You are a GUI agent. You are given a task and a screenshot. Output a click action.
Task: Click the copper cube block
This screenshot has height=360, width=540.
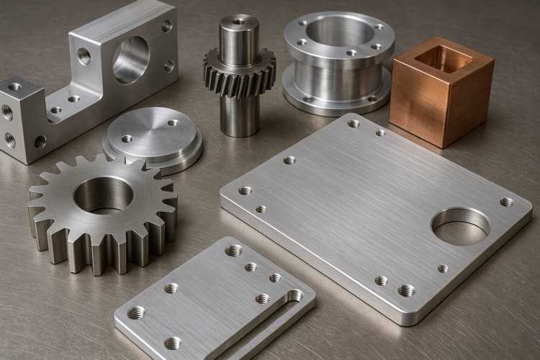click(441, 101)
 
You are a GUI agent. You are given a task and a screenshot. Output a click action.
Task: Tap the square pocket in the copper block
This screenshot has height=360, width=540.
click(443, 59)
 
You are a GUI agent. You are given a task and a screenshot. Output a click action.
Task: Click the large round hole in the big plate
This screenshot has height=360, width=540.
click(461, 226)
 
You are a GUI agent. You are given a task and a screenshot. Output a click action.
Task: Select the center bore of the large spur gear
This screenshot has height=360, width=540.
click(104, 194)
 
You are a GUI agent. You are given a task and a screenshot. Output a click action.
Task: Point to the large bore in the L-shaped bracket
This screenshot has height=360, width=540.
click(131, 60)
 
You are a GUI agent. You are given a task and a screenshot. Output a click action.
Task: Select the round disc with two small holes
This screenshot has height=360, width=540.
click(153, 136)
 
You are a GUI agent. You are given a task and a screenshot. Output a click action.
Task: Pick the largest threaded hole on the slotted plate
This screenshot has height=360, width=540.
click(233, 251)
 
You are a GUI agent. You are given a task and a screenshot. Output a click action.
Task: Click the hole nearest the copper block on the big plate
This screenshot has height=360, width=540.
click(380, 132)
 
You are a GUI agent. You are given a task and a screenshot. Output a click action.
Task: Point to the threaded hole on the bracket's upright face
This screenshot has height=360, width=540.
click(84, 55)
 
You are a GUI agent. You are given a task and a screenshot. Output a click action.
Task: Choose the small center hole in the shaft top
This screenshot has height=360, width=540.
click(239, 22)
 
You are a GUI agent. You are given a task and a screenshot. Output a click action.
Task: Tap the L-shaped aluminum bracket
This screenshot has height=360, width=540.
click(94, 79)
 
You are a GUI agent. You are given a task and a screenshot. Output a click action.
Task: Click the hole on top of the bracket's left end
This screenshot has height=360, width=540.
click(14, 87)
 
